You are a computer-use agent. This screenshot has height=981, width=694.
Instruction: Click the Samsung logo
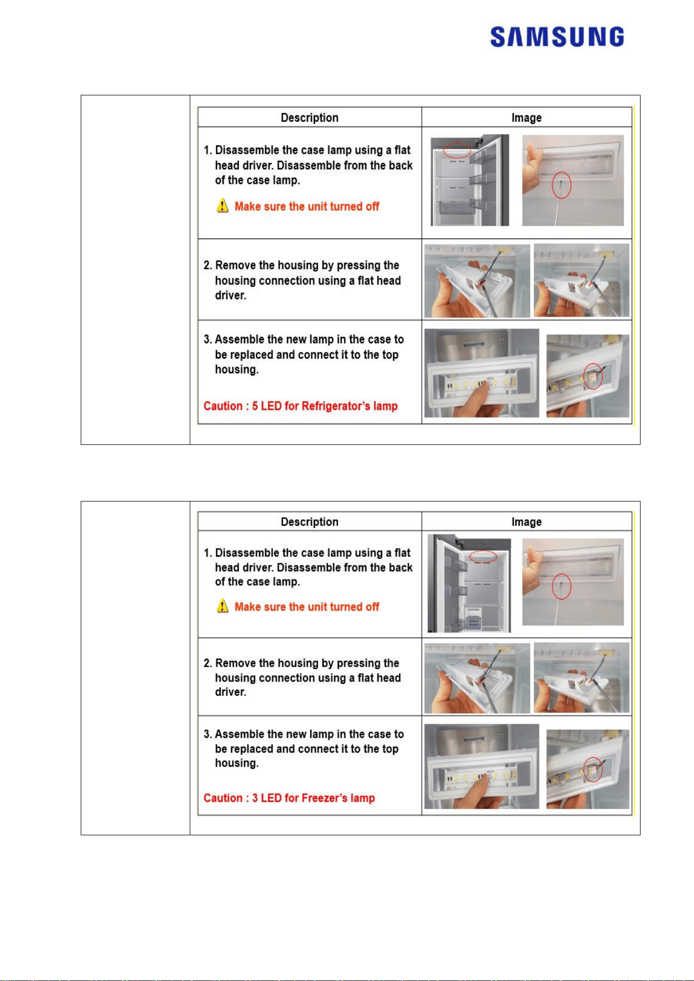coord(557,37)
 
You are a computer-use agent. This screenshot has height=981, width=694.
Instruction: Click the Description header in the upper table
coord(309,117)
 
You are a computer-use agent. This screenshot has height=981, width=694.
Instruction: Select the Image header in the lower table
coord(526,522)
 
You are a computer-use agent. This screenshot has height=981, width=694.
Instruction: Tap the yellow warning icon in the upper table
coord(222,205)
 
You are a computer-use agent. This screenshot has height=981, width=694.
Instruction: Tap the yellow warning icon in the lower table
coord(222,606)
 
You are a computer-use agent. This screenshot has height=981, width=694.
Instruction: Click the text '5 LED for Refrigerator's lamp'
coord(325,406)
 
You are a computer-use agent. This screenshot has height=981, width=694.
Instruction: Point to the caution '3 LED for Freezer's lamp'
coord(313,798)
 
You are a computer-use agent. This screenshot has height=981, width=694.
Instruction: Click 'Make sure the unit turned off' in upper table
coord(307,206)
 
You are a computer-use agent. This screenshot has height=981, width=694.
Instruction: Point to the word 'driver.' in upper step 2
coord(231,295)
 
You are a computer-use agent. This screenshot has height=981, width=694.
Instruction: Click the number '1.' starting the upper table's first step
coord(208,150)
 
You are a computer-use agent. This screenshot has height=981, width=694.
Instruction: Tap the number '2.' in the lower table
coord(208,663)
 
